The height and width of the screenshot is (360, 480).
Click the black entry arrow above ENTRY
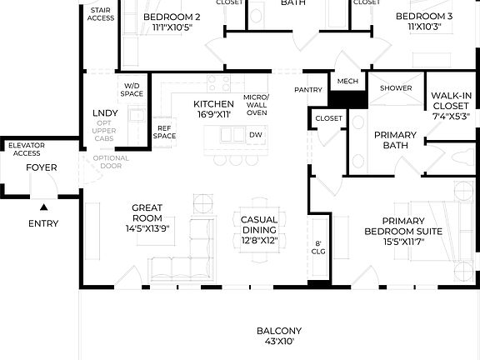click(x=44, y=207)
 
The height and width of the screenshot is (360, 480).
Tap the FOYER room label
click(x=42, y=167)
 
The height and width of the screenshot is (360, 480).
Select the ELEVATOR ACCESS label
click(x=27, y=149)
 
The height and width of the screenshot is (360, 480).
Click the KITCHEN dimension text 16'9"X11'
click(x=213, y=114)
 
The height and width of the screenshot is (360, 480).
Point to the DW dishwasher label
click(x=256, y=135)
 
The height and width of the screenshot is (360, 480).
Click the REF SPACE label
click(x=164, y=132)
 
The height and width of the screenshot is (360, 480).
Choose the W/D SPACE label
click(x=132, y=90)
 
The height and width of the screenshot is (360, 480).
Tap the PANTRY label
click(x=308, y=90)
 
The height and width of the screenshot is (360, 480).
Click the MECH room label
click(x=347, y=81)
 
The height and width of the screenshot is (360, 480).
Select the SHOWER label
click(x=396, y=88)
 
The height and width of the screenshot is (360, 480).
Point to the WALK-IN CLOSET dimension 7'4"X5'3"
click(x=451, y=117)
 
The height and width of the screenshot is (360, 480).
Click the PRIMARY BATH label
click(x=395, y=140)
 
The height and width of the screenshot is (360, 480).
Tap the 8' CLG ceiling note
click(x=318, y=247)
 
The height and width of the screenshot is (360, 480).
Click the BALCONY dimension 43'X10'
click(x=279, y=341)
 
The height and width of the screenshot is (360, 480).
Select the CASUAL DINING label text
click(x=259, y=225)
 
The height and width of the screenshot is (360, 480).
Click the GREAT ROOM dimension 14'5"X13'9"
click(x=147, y=228)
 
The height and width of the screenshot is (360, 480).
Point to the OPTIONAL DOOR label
click(x=111, y=162)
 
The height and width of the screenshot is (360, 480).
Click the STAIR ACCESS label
click(x=101, y=14)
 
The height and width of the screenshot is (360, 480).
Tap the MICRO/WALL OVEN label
click(x=257, y=105)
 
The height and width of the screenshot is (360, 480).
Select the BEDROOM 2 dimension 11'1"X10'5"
click(x=172, y=27)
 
